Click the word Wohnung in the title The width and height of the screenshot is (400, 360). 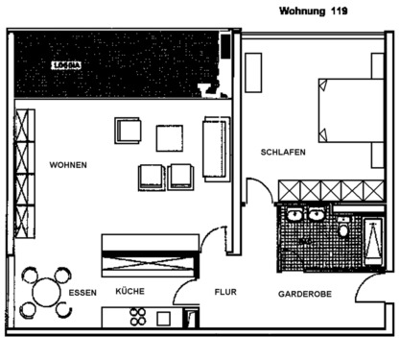(x=301, y=12)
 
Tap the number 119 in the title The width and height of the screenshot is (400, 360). (x=339, y=12)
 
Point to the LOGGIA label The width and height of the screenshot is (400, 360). (x=67, y=65)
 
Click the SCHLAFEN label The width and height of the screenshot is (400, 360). (x=282, y=153)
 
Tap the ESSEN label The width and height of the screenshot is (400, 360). (x=83, y=292)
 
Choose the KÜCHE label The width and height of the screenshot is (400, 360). (x=129, y=291)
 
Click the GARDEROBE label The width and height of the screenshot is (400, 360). (x=305, y=293)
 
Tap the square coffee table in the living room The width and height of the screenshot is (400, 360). (x=170, y=138)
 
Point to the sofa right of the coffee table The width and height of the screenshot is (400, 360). (x=216, y=148)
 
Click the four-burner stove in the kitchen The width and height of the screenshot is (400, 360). (x=138, y=316)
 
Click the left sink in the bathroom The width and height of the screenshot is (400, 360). (x=293, y=215)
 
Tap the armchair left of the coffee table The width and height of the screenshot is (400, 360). (x=129, y=131)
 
